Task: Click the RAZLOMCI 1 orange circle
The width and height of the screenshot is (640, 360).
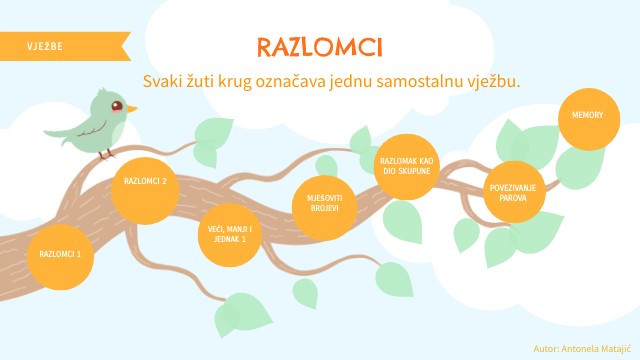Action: point(60,254)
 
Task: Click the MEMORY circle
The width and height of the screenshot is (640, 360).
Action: point(587,116)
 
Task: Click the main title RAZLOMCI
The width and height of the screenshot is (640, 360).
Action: point(319,47)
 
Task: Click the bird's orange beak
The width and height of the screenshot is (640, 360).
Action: point(131,107)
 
